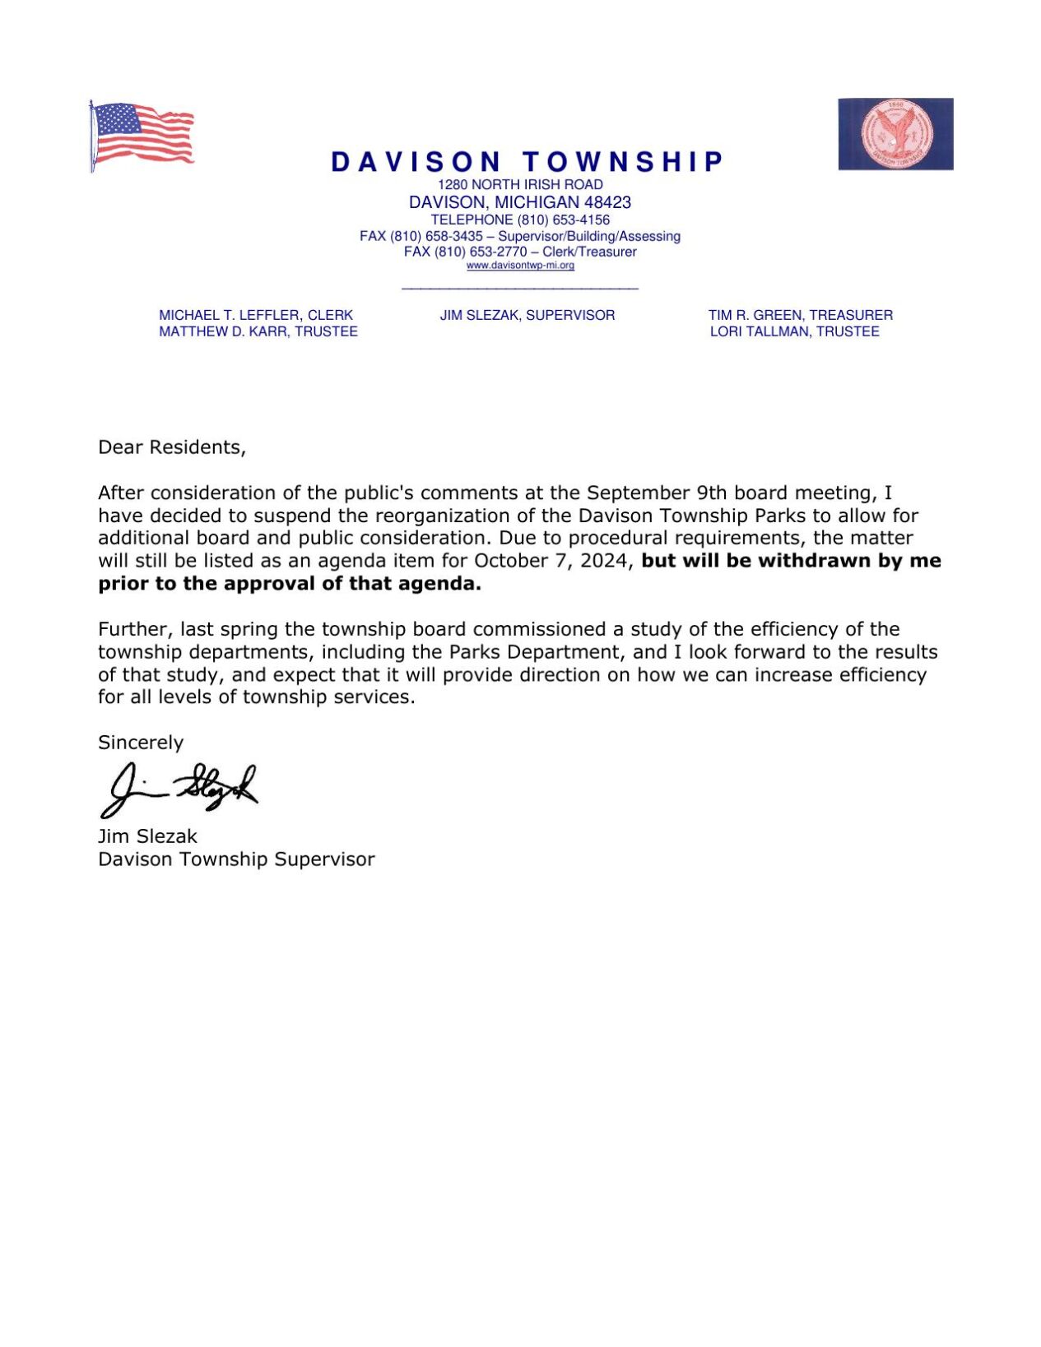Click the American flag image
coord(142,136)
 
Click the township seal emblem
coord(895,134)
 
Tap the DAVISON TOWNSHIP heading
coord(527,162)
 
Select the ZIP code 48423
coord(607,202)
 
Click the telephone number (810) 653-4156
coord(564,220)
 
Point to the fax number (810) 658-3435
coord(436,236)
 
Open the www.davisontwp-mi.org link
coord(520,266)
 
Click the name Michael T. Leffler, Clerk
coord(256,315)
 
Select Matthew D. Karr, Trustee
coord(258,331)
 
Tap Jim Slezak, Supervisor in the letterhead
coord(527,315)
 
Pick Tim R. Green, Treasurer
coord(800,315)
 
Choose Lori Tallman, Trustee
coord(794,331)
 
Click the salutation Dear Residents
coord(172,447)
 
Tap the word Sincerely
coord(141,743)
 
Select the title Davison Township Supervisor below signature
coord(236,859)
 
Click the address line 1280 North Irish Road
coord(520,185)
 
